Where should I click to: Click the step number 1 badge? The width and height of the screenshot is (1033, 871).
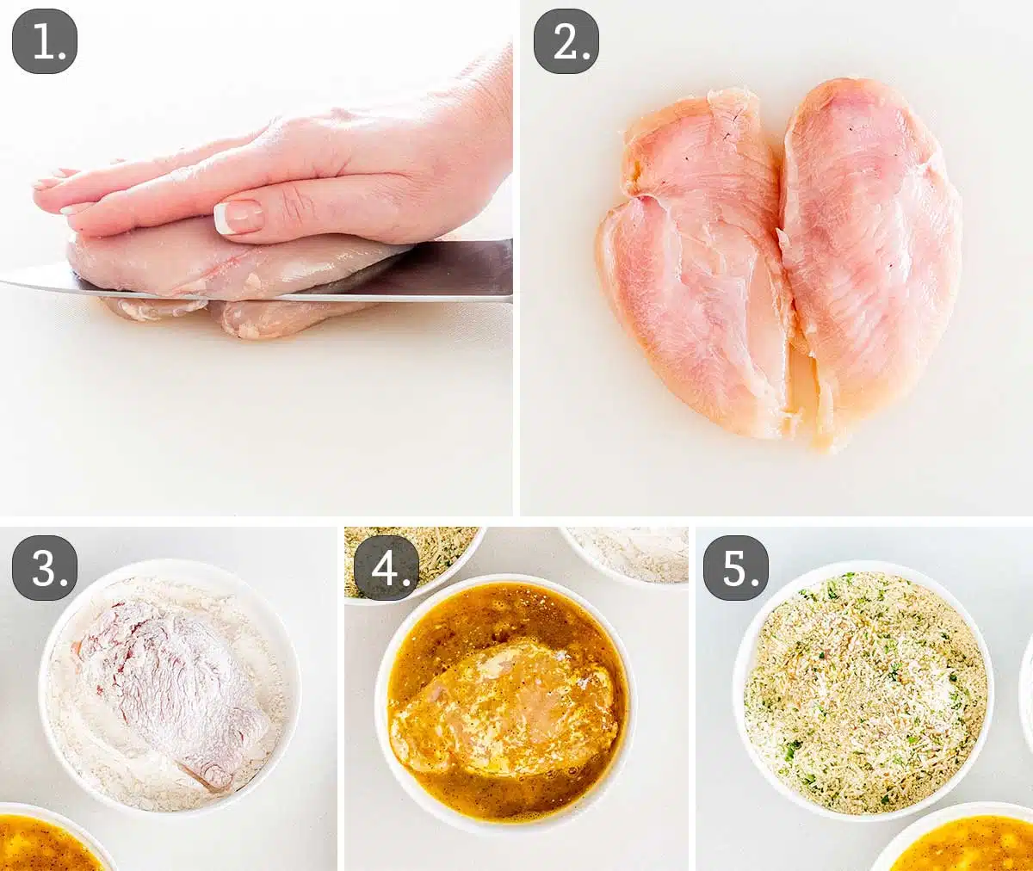pos(45,40)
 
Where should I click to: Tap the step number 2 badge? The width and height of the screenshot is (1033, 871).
pos(566,40)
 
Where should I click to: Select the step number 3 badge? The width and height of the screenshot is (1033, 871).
pos(45,567)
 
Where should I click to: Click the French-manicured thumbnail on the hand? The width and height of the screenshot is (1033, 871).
pos(238,217)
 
